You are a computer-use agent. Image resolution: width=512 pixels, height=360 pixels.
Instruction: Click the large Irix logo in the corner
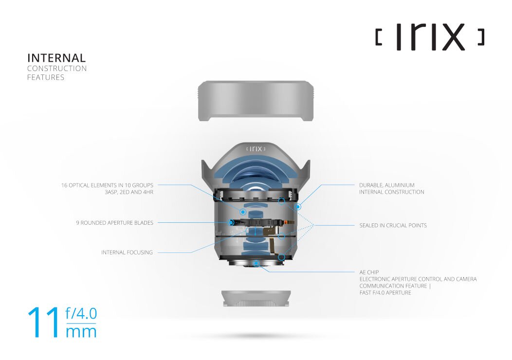pos(430,36)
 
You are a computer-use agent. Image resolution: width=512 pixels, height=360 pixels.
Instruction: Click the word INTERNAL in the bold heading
pos(56,58)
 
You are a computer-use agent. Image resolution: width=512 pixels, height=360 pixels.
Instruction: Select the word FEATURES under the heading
pos(46,77)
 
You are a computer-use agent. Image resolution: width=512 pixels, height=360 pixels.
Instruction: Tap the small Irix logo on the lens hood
pos(256,149)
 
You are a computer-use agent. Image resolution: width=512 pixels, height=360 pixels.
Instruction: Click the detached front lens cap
pos(256,101)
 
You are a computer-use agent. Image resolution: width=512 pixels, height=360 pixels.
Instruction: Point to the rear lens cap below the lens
pos(256,298)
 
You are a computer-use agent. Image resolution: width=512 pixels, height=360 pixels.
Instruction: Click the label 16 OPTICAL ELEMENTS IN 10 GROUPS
pos(107,185)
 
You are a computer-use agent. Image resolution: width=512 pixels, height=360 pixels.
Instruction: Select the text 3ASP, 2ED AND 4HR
pos(129,192)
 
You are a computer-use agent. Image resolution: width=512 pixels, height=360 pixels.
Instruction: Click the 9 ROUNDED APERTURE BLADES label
pos(114,223)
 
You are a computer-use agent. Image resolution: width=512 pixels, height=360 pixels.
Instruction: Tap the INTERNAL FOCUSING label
pos(127,252)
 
